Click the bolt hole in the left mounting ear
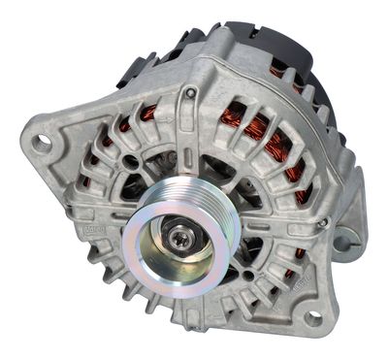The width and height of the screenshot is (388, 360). (42, 143)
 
